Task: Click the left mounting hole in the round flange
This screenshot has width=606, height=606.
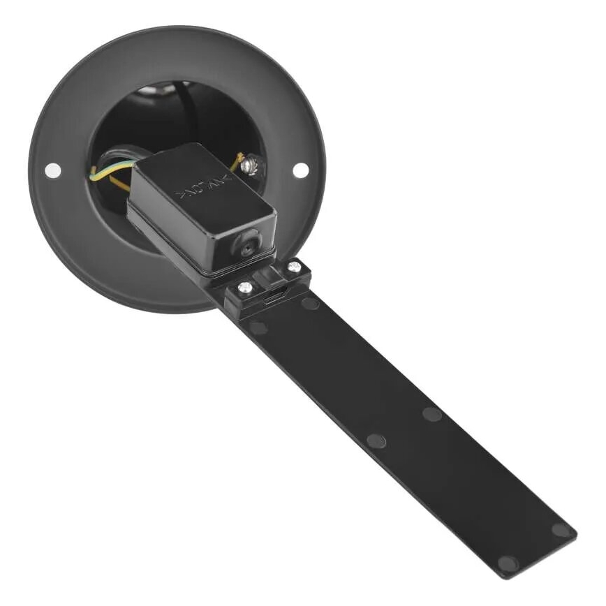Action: click(52, 169)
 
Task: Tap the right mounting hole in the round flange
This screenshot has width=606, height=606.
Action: click(301, 170)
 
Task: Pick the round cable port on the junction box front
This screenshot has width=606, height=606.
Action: click(249, 246)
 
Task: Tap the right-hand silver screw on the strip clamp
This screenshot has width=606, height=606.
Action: click(293, 267)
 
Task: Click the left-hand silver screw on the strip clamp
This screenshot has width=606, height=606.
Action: click(245, 287)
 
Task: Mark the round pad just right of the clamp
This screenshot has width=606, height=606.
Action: click(310, 303)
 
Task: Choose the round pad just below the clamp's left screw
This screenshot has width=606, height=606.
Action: click(259, 327)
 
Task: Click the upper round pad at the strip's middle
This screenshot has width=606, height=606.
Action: click(432, 414)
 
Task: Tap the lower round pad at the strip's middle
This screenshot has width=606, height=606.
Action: click(376, 441)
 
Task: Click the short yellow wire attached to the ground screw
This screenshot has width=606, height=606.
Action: click(237, 162)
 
